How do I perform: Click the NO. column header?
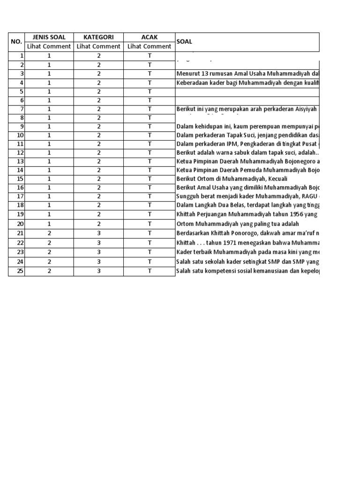pyautogui.click(x=16, y=42)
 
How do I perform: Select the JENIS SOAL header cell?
pyautogui.click(x=49, y=37)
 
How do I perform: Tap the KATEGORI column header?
pyautogui.click(x=98, y=37)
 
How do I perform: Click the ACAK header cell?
pyautogui.click(x=150, y=37)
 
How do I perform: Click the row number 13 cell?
pyautogui.click(x=16, y=161)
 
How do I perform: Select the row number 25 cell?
pyautogui.click(x=16, y=271)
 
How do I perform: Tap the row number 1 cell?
pyautogui.click(x=16, y=56)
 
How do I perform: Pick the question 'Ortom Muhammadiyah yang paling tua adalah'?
pyautogui.click(x=238, y=224)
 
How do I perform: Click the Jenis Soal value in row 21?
pyautogui.click(x=49, y=233)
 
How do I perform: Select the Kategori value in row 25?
pyautogui.click(x=98, y=271)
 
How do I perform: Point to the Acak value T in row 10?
pyautogui.click(x=150, y=135)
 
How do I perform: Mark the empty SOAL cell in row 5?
pyautogui.click(x=247, y=91)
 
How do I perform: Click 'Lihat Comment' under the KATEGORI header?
pyautogui.click(x=98, y=46)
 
